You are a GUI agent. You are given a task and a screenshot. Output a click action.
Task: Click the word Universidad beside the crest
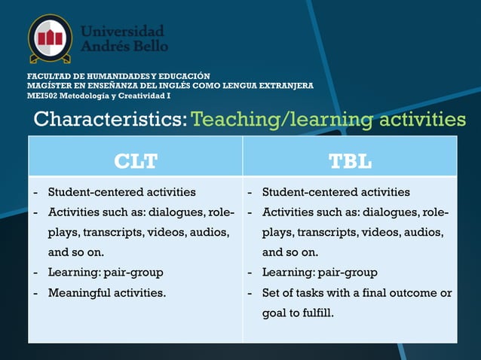pyautogui.click(x=122, y=31)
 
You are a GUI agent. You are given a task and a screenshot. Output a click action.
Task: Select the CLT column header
pyautogui.click(x=136, y=160)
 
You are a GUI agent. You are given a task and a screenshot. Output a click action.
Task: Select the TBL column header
pyautogui.click(x=350, y=160)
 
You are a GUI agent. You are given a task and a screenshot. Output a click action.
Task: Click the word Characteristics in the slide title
pyautogui.click(x=110, y=120)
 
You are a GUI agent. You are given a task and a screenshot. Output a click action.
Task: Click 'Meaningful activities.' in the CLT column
pyautogui.click(x=107, y=292)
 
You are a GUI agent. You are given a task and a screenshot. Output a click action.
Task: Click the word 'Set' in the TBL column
pyautogui.click(x=271, y=292)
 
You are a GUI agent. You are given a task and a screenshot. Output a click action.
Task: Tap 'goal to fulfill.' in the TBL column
pyautogui.click(x=297, y=313)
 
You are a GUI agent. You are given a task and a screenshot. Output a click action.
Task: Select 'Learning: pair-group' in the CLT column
pyautogui.click(x=106, y=272)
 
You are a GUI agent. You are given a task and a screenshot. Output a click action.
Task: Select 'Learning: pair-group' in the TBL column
pyautogui.click(x=320, y=272)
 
